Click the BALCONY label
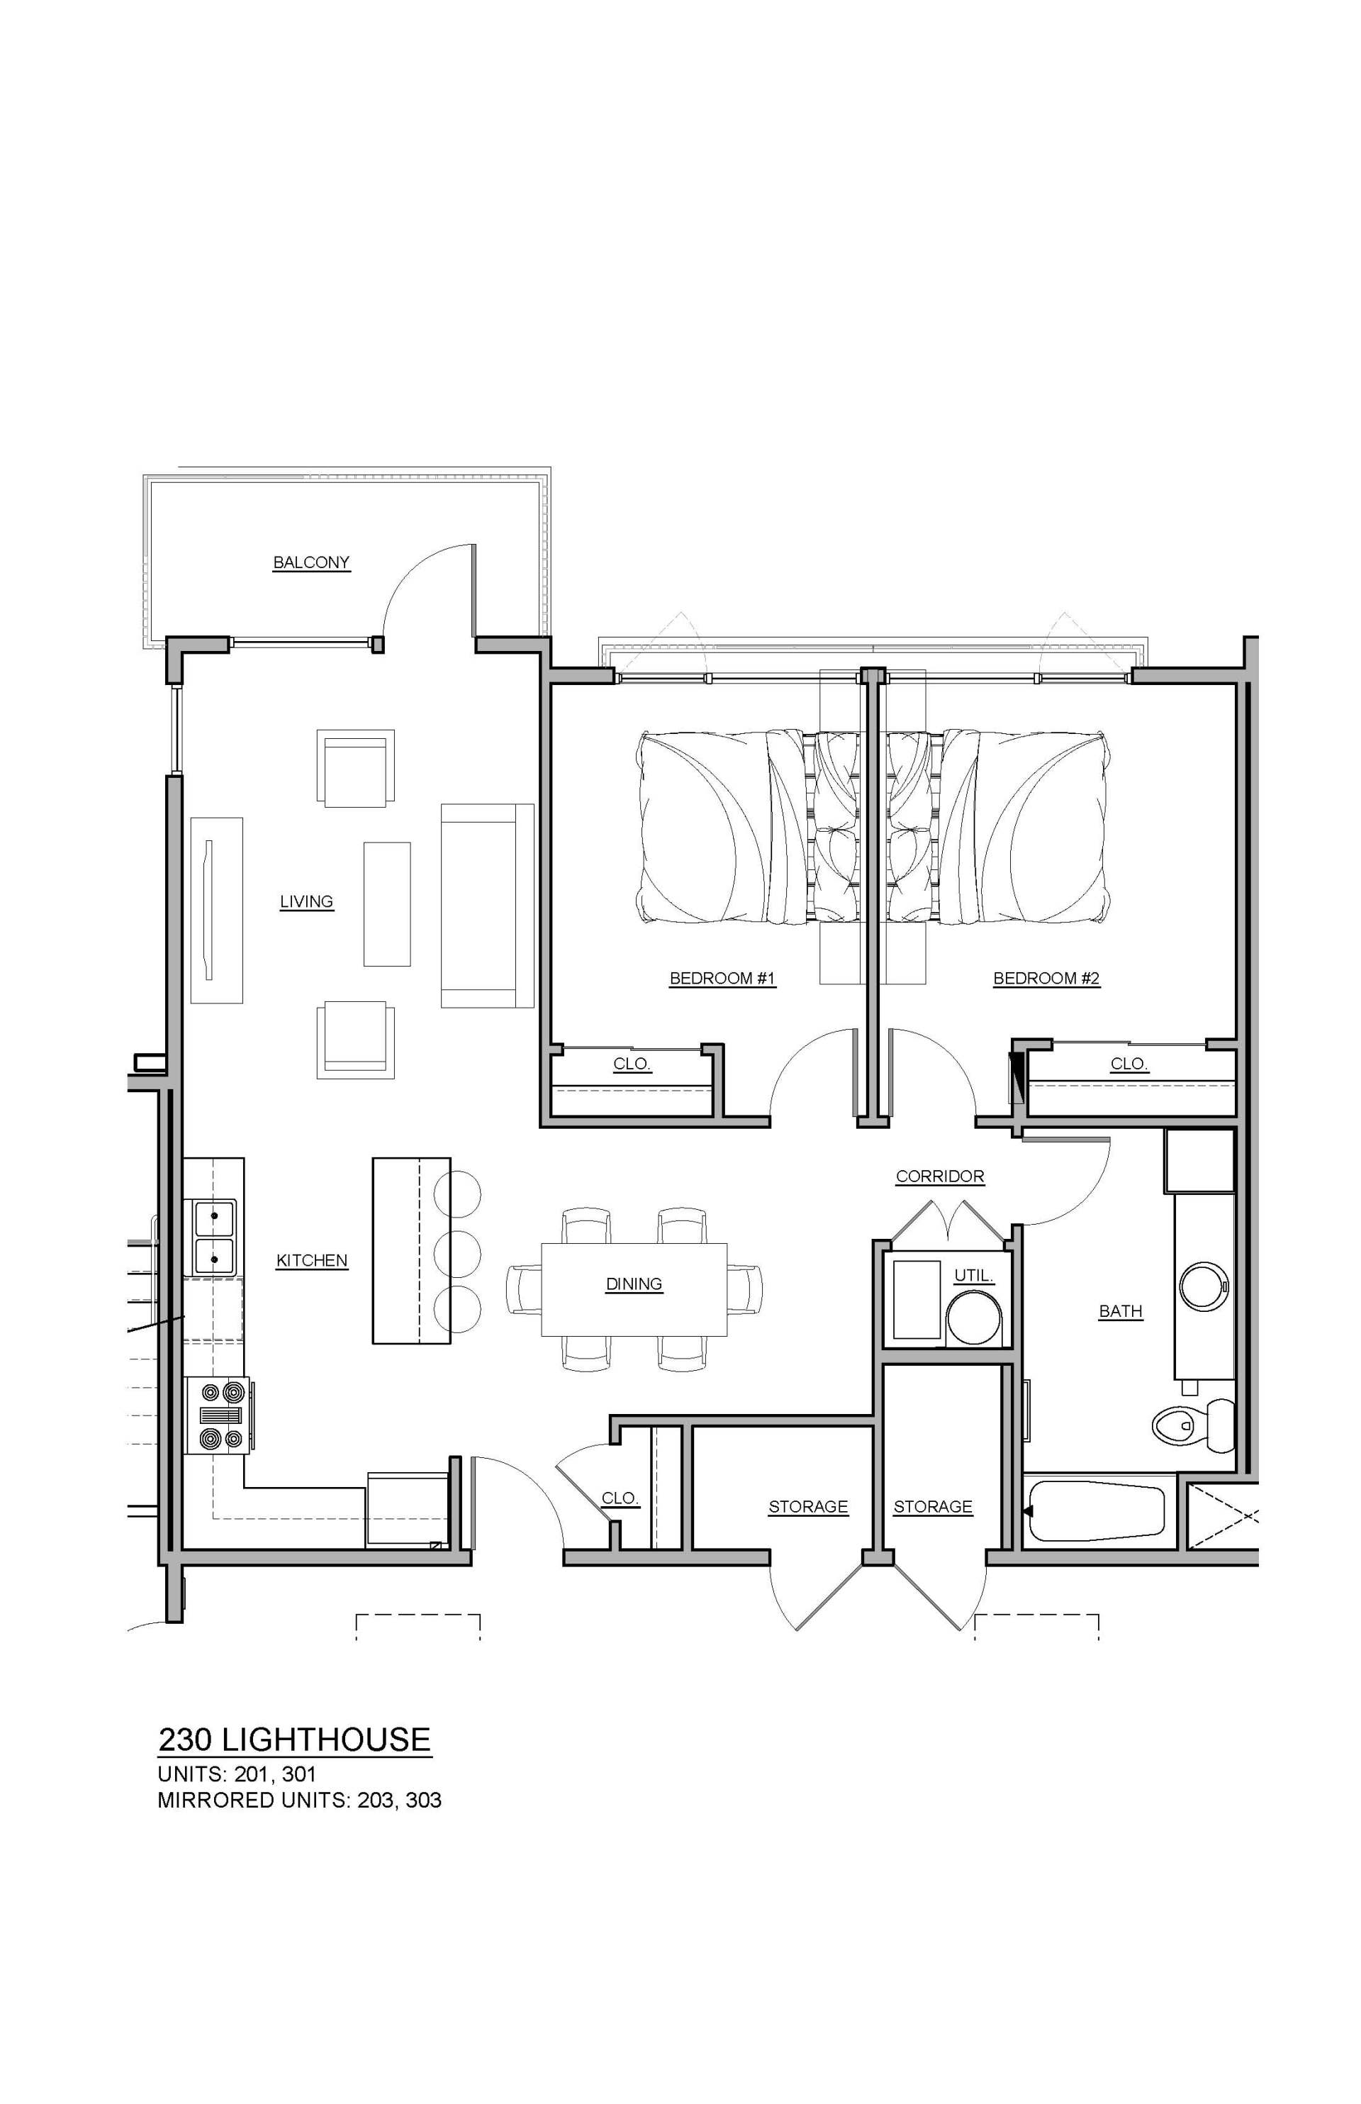311,562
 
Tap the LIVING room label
307,902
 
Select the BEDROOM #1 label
722,979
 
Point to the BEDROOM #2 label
1046,979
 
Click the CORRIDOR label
939,1176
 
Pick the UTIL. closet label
974,1276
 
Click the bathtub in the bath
1096,1511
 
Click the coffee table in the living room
387,903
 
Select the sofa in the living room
486,906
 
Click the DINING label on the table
634,1284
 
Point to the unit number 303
423,1800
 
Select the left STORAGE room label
808,1506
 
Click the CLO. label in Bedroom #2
1128,1064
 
